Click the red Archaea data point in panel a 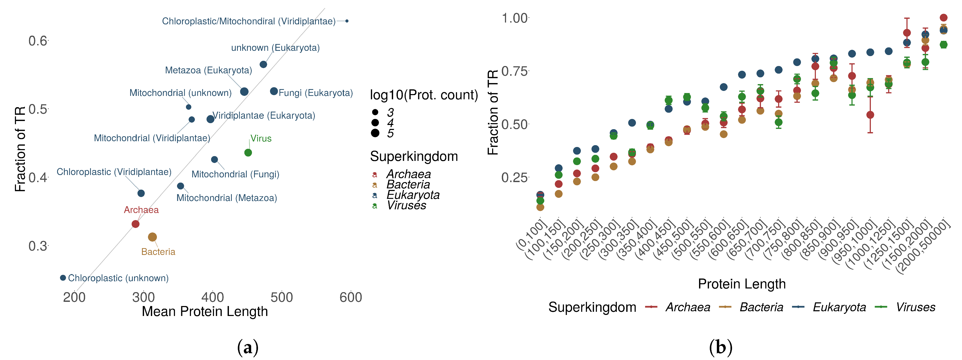point(136,224)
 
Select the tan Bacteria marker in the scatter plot point(152,237)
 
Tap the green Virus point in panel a point(248,153)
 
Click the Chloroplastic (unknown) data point point(63,278)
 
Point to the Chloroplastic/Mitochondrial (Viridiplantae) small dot point(347,21)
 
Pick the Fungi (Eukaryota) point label point(316,93)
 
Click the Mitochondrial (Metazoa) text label point(227,198)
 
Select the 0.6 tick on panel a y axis point(38,41)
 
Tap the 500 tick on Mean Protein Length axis point(282,297)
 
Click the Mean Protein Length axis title point(205,312)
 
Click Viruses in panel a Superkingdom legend point(406,205)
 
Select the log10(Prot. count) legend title point(424,95)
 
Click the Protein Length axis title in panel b point(742,284)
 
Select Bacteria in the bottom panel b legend point(761,307)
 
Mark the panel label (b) point(720,347)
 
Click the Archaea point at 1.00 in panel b point(943,18)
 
